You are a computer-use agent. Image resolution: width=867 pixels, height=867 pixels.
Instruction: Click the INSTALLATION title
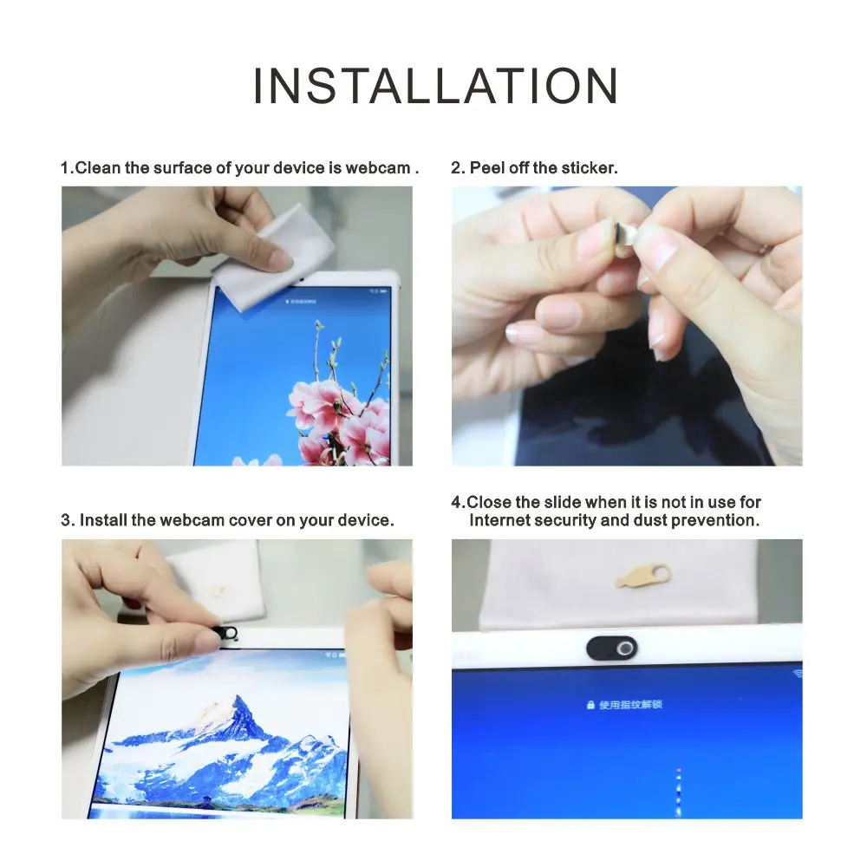click(435, 86)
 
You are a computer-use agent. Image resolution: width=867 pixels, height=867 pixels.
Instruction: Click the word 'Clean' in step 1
click(98, 167)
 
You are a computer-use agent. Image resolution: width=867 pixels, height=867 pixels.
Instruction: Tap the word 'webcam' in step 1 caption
click(377, 167)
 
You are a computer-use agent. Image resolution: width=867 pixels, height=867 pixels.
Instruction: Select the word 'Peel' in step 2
click(486, 167)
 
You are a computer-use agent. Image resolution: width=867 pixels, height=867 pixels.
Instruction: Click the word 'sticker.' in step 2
click(590, 167)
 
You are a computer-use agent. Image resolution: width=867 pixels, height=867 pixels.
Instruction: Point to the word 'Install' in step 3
click(103, 520)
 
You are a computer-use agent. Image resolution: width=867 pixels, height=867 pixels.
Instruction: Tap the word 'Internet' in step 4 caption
click(499, 520)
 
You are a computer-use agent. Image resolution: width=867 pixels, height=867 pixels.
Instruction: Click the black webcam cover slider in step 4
click(611, 648)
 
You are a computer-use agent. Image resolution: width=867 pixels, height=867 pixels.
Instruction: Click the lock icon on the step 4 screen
click(590, 705)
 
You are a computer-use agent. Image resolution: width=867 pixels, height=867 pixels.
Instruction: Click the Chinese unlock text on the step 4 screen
click(630, 705)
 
